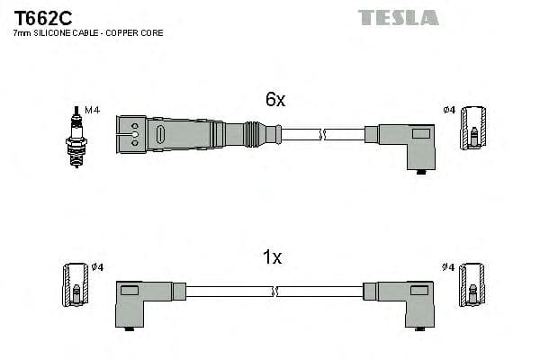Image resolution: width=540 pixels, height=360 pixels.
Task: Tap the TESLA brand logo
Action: (398, 17)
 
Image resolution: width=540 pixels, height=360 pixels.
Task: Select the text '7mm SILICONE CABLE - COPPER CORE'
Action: (87, 33)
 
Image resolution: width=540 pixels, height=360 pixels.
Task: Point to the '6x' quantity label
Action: (274, 101)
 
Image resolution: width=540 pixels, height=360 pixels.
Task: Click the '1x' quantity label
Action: (272, 258)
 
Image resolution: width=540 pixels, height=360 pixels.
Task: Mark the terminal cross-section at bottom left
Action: (75, 287)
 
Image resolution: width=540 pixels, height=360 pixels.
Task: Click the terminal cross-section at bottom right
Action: (472, 287)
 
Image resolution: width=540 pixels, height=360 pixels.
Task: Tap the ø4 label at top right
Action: (449, 110)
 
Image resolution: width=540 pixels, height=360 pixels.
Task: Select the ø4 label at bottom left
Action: (98, 267)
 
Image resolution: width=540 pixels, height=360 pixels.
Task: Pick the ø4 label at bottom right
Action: (449, 267)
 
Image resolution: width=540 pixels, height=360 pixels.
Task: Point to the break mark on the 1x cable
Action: (274, 292)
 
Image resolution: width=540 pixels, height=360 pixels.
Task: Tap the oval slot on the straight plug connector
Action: (159, 136)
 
